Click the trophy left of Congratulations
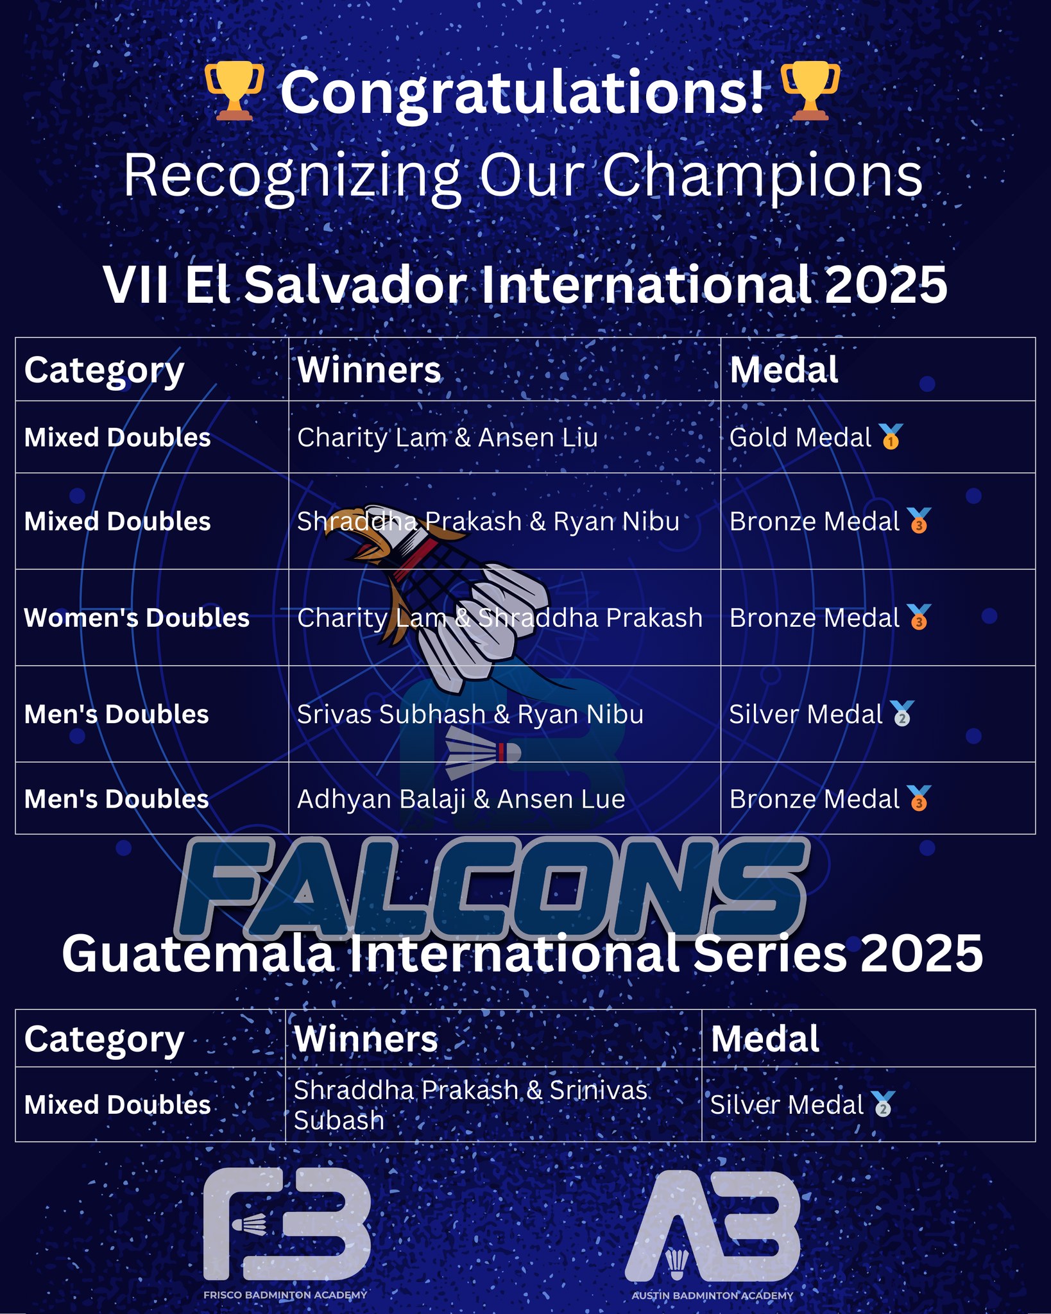point(234,91)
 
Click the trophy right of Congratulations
point(810,91)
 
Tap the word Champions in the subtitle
point(762,176)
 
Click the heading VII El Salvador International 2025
point(525,285)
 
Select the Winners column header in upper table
point(369,370)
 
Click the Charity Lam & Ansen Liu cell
point(447,438)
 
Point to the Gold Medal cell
point(800,438)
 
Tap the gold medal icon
point(891,437)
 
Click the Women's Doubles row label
point(137,618)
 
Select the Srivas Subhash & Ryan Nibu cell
point(470,714)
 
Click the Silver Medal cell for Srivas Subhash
point(806,714)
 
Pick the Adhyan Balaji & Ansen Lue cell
point(461,799)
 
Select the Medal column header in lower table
point(765,1039)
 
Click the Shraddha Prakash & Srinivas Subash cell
point(470,1105)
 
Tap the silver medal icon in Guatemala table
point(884,1104)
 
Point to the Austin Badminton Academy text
point(712,1295)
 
